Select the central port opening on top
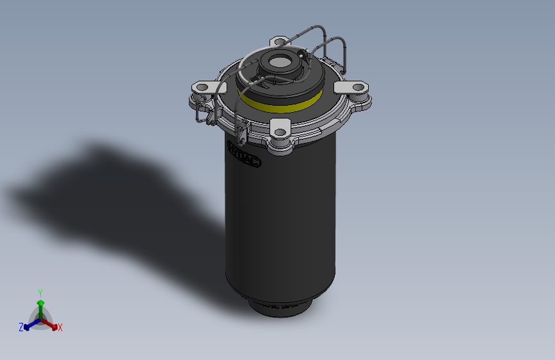(279, 62)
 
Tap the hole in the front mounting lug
(280, 133)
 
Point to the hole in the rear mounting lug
(278, 42)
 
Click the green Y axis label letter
(40, 293)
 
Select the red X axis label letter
(60, 328)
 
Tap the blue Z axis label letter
(21, 327)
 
